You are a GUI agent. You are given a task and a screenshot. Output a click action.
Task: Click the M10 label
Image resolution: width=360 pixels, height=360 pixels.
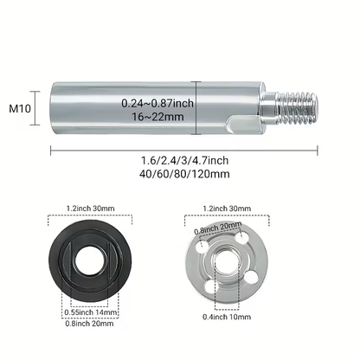point(20,109)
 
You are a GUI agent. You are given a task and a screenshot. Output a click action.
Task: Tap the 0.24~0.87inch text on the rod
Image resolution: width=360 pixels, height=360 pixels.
point(157,103)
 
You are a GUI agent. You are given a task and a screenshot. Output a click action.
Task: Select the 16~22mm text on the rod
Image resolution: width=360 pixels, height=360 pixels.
point(157,117)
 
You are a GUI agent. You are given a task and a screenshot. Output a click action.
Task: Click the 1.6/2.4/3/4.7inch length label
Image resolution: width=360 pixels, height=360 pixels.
point(184,160)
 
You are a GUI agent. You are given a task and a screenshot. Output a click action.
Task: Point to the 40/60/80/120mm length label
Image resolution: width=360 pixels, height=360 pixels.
point(184,174)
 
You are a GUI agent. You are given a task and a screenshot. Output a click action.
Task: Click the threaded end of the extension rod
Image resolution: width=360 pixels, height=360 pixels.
point(297,109)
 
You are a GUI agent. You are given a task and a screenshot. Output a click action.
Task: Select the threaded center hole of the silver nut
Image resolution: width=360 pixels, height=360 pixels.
point(228,260)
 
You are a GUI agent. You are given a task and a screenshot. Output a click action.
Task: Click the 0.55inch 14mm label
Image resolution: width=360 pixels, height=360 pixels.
point(91,312)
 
